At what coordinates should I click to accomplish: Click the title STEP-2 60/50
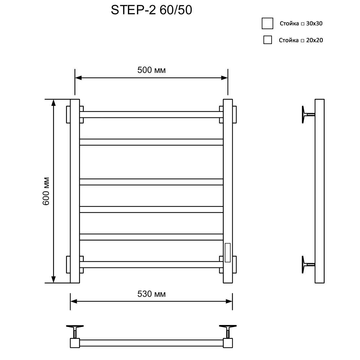[x=151, y=10]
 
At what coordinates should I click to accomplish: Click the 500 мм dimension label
[x=152, y=70]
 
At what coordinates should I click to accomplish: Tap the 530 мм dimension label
[x=152, y=294]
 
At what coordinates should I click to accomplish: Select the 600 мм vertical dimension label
[x=46, y=191]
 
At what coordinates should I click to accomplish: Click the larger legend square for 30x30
[x=267, y=23]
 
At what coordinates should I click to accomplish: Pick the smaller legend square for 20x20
[x=268, y=40]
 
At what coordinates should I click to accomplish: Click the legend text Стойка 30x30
[x=301, y=23]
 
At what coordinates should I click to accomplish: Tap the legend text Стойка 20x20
[x=301, y=40]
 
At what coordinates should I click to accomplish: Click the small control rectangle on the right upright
[x=228, y=252]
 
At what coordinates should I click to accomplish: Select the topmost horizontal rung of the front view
[x=151, y=115]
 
